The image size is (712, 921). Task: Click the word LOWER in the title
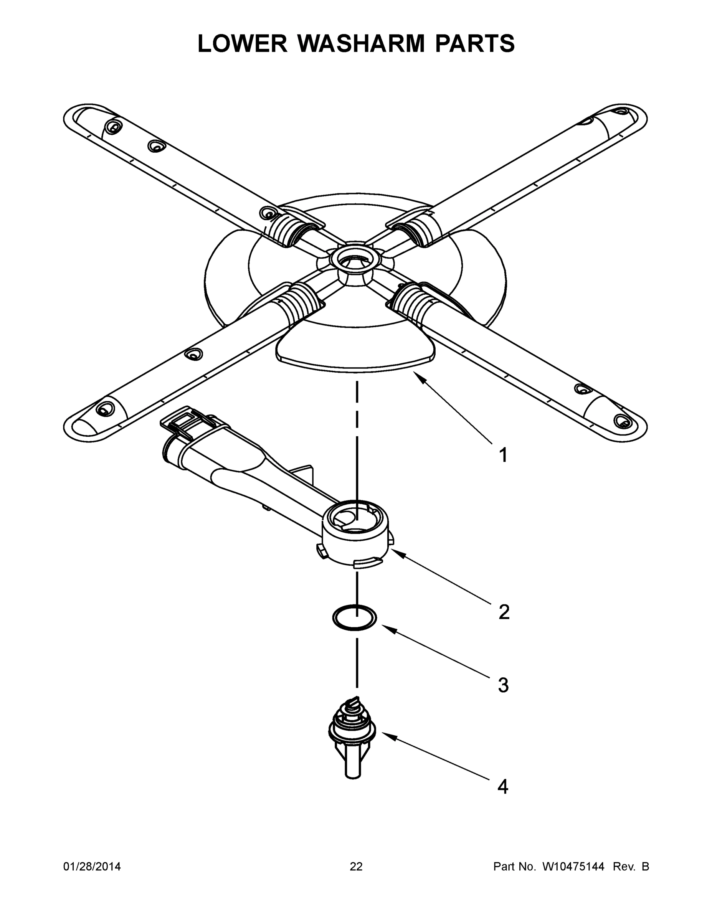pos(243,43)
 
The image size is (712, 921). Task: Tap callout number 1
pos(503,456)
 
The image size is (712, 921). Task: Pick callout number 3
pos(503,685)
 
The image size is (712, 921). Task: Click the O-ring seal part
pos(354,618)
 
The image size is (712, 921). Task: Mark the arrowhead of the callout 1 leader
pos(417,375)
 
